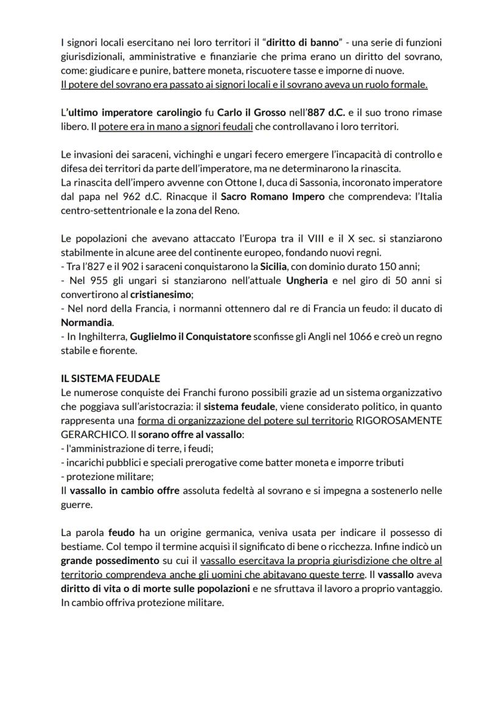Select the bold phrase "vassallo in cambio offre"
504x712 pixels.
(x=125, y=490)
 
